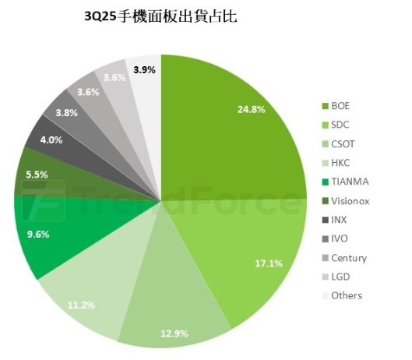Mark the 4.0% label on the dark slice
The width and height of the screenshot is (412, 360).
tap(51, 140)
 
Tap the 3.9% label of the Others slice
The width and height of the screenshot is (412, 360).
tap(143, 69)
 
